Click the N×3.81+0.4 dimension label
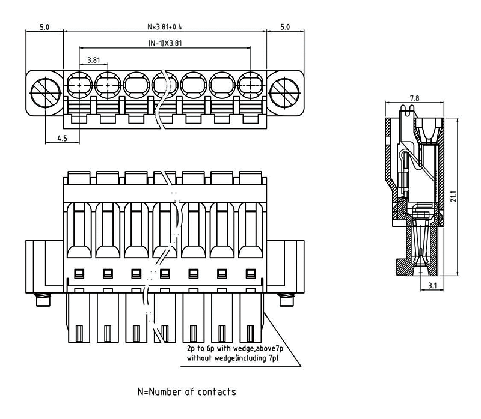[165, 27]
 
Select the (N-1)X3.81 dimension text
[165, 44]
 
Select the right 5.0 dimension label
[285, 27]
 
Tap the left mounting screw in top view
[44, 91]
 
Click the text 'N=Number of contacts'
[186, 392]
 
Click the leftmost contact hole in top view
[78, 86]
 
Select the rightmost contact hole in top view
[251, 86]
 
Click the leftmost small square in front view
[78, 274]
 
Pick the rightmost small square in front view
[250, 274]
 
